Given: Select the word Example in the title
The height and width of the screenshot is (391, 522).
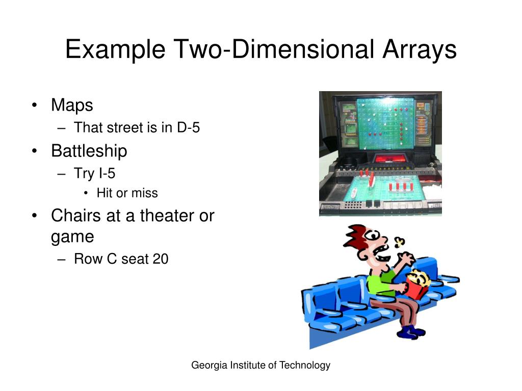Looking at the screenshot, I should point(115,50).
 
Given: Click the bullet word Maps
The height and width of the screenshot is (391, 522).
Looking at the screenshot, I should point(72,105).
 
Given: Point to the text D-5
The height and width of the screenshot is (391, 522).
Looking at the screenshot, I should point(189,128).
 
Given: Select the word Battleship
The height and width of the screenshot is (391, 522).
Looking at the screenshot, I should point(89,151).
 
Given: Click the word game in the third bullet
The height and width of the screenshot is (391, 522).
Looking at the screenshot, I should point(72,237).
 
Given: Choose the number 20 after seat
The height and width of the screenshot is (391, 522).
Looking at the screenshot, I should point(160,259).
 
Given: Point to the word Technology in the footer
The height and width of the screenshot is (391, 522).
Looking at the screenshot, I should point(304,365).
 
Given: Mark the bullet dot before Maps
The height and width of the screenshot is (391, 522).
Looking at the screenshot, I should point(34,106).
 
